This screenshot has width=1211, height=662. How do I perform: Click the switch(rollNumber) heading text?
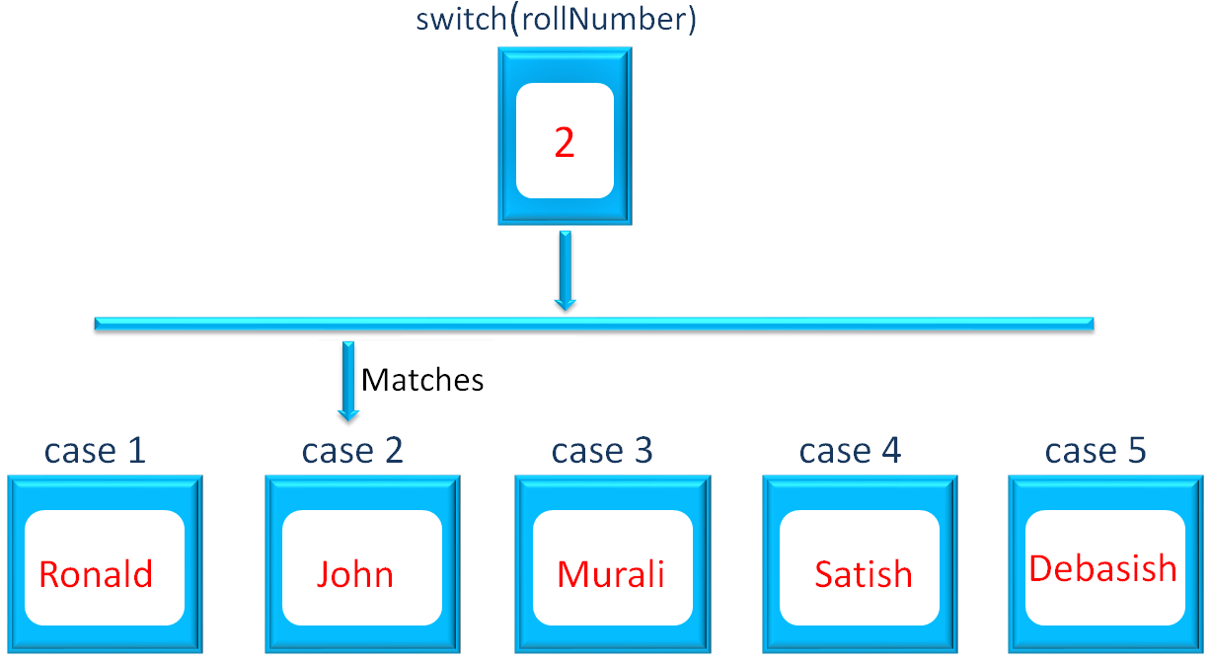click(556, 21)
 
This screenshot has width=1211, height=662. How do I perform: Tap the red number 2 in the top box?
click(564, 144)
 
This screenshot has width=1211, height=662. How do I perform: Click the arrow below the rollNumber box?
click(565, 269)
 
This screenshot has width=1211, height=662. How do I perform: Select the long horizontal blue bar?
click(593, 323)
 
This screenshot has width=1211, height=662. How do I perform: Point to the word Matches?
click(422, 380)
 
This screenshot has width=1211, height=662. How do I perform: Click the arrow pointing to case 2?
click(347, 380)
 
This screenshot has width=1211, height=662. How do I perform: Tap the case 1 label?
click(95, 451)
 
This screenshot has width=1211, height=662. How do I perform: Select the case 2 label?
click(352, 451)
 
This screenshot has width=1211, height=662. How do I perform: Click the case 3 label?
click(602, 451)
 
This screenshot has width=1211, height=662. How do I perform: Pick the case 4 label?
click(850, 451)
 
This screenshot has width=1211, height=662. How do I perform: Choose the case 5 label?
click(1096, 451)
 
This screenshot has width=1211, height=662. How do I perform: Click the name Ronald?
click(96, 573)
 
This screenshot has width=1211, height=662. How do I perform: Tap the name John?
click(355, 573)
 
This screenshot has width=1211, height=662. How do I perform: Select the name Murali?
click(611, 573)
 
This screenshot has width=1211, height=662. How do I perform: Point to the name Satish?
click(864, 573)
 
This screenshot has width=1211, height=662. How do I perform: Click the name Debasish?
click(1102, 568)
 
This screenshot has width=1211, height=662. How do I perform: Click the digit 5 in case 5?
click(1136, 451)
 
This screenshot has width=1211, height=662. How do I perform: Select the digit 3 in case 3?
click(643, 451)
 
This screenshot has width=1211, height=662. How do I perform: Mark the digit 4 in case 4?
click(890, 451)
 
